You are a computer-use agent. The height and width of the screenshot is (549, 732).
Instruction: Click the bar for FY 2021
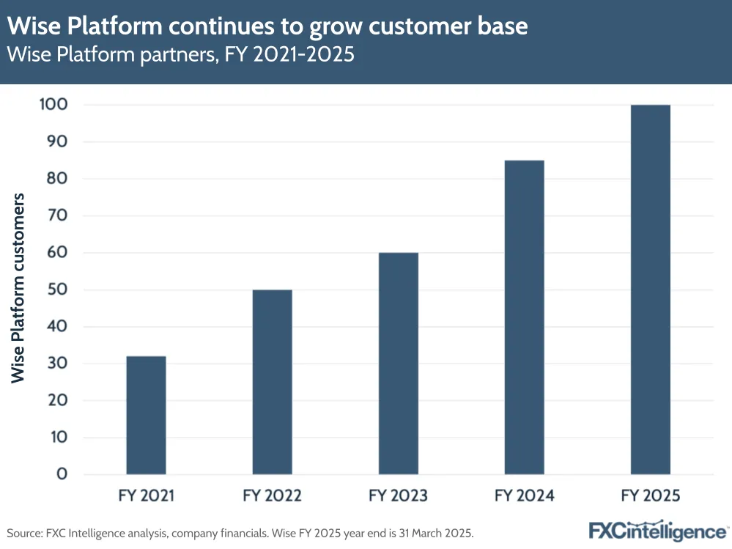[x=146, y=415]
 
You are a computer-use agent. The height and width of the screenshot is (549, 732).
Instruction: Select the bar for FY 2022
[x=272, y=382]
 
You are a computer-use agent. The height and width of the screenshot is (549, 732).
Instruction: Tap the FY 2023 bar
[x=398, y=364]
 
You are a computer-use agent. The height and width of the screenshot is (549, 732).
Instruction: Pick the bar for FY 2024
[x=524, y=317]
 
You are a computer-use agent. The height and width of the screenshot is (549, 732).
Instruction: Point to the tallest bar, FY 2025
[x=650, y=290]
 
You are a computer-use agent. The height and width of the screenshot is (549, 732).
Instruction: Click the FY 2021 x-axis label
[x=146, y=496]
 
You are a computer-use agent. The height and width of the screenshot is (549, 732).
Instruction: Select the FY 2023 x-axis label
[x=398, y=496]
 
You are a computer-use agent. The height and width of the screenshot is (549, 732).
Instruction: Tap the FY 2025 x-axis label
[x=650, y=496]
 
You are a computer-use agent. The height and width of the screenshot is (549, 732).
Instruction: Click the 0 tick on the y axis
[x=62, y=474]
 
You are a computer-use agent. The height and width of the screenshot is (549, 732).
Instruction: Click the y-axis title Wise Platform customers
[x=18, y=287]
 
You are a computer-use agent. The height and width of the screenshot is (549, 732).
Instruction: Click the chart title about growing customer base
[x=267, y=26]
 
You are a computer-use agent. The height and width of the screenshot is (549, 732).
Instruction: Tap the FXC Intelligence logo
[x=657, y=530]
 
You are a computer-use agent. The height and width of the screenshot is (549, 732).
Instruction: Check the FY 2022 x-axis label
[x=272, y=496]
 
